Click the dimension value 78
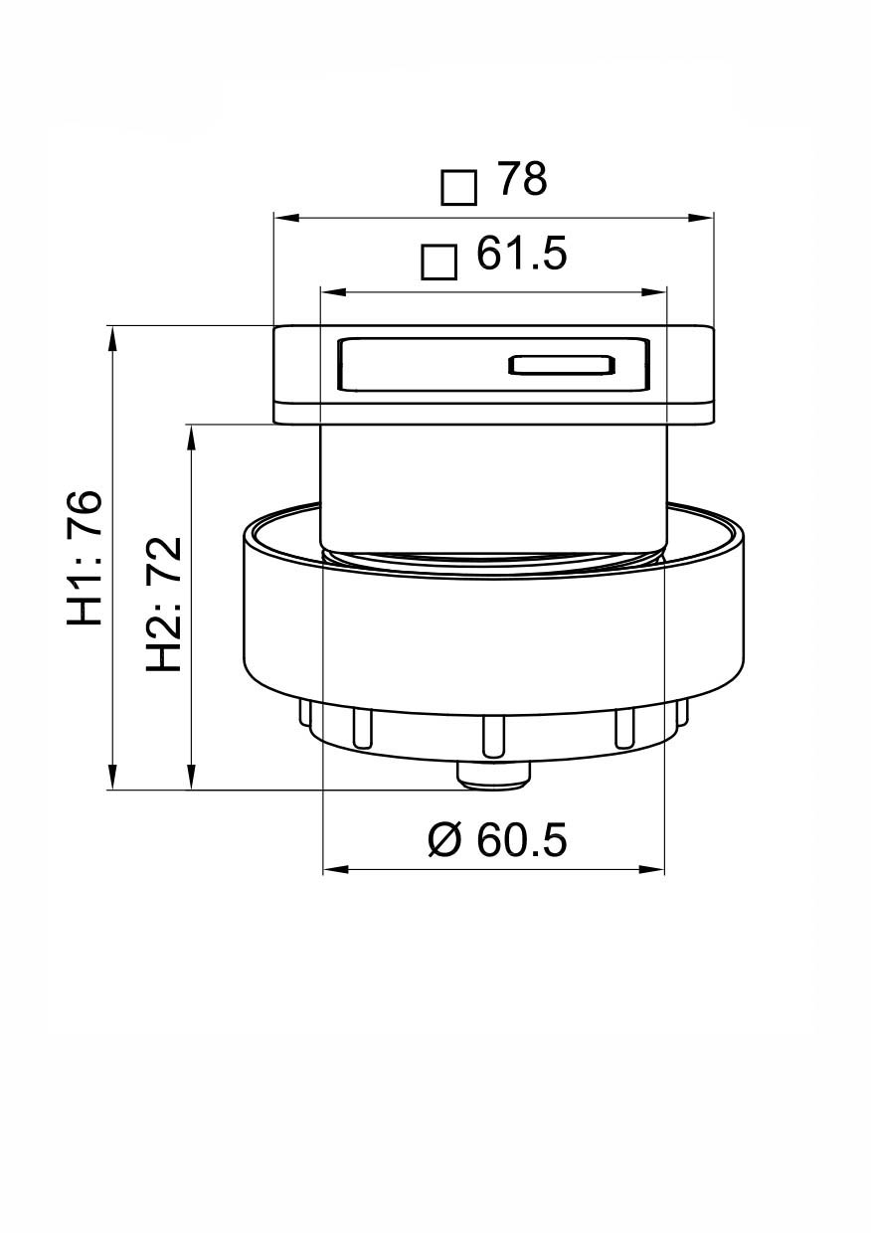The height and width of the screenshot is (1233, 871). (522, 180)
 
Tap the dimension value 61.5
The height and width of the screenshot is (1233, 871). (522, 255)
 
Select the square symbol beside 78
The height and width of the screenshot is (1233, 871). (458, 187)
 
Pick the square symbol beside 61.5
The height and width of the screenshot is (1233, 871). (438, 262)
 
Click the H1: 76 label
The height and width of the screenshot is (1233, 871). (87, 558)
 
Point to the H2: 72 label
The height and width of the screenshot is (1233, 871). (165, 604)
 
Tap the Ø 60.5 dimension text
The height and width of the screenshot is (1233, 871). (497, 840)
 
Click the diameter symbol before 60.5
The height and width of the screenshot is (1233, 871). (445, 840)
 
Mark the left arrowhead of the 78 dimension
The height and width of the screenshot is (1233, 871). (284, 217)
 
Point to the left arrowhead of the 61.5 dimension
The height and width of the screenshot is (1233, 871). (329, 291)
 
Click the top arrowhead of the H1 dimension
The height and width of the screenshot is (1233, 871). (113, 337)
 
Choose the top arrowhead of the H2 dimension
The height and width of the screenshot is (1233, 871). (191, 436)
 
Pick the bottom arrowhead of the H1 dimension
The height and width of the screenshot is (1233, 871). (113, 779)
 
